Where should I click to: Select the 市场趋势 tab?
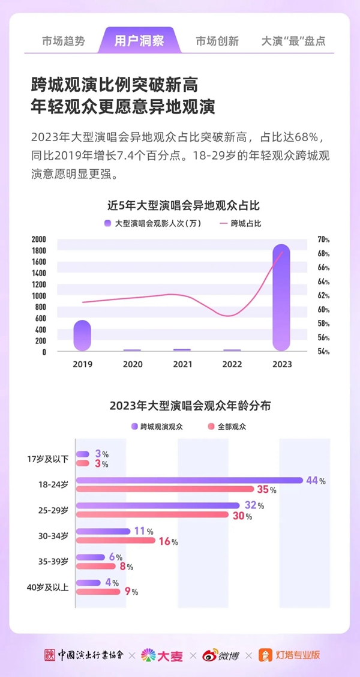click(64, 41)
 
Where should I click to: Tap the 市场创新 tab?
click(217, 41)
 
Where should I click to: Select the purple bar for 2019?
click(82, 335)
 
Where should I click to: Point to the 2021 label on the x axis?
click(182, 364)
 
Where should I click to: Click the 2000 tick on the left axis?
click(39, 239)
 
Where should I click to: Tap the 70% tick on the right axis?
click(323, 239)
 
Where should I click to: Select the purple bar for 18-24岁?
click(189, 480)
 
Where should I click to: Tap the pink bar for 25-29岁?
click(152, 515)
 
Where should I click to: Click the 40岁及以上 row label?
click(49, 587)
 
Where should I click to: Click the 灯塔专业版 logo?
click(289, 655)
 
